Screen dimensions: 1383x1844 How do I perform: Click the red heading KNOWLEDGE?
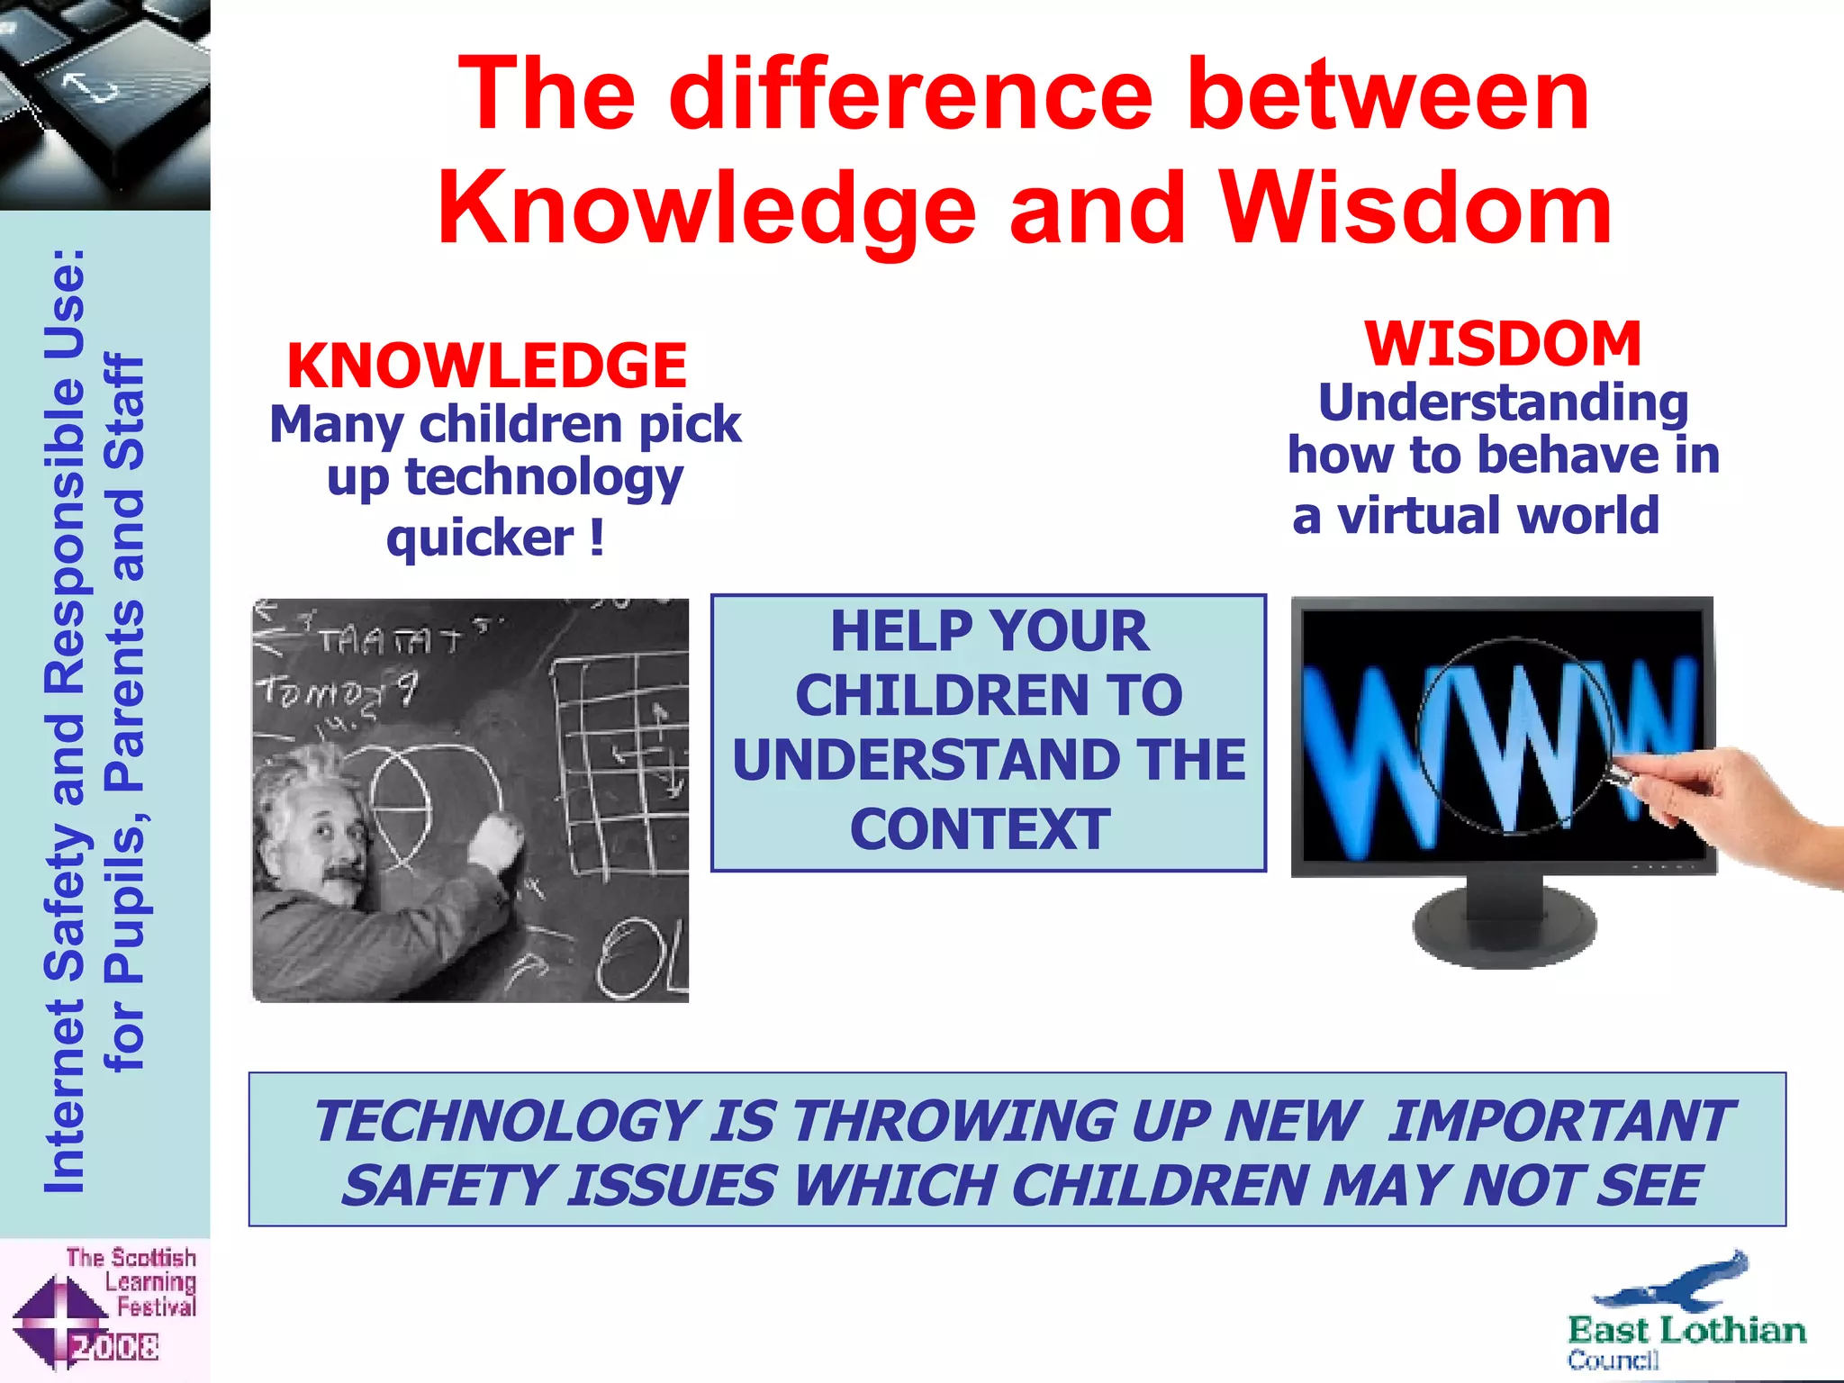pyautogui.click(x=486, y=366)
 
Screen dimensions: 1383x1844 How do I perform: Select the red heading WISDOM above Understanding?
pyautogui.click(x=1502, y=344)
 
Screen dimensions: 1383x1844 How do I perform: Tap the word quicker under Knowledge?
pyautogui.click(x=479, y=538)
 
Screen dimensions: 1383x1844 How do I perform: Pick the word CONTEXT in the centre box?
pyautogui.click(x=980, y=828)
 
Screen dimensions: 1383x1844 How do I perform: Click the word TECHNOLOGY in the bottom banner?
pyautogui.click(x=506, y=1122)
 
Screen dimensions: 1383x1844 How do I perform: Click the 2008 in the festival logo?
pyautogui.click(x=115, y=1348)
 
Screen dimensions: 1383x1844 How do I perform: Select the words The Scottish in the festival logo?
pyautogui.click(x=131, y=1257)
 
